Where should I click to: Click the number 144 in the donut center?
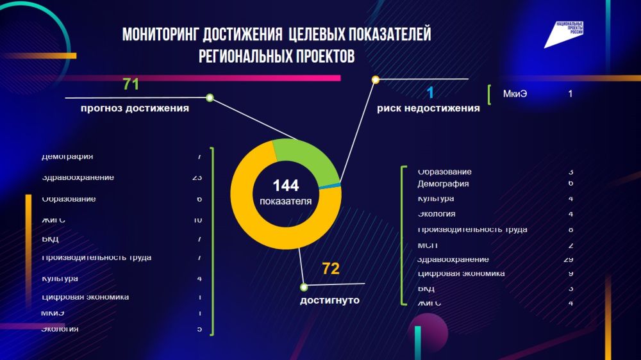286,186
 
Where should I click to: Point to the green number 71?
131,85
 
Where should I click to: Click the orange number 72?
331,269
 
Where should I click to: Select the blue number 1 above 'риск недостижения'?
430,93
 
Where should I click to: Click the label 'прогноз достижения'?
135,108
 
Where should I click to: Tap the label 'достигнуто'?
329,300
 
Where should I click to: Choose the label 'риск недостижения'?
428,108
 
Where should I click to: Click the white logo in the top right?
565,35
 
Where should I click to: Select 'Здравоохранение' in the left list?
78,177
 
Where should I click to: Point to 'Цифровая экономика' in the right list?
461,274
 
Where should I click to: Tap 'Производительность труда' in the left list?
96,258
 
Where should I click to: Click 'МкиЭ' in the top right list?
515,94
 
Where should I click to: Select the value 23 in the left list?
197,177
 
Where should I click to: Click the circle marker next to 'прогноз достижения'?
210,99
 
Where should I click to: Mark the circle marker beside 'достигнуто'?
304,287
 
